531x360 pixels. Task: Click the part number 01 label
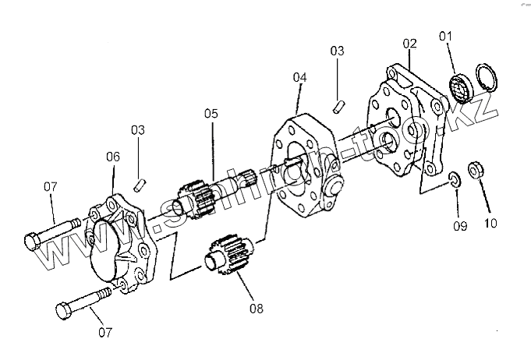pos(445,36)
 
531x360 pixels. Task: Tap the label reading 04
pos(300,77)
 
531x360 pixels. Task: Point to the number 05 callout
pos(211,113)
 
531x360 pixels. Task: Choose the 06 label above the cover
pos(113,157)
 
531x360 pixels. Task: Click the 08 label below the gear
pos(257,308)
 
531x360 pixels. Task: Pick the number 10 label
pos(490,224)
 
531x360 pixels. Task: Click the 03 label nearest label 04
pos(337,51)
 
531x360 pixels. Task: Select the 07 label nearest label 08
pos(104,333)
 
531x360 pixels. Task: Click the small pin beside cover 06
pos(140,184)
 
